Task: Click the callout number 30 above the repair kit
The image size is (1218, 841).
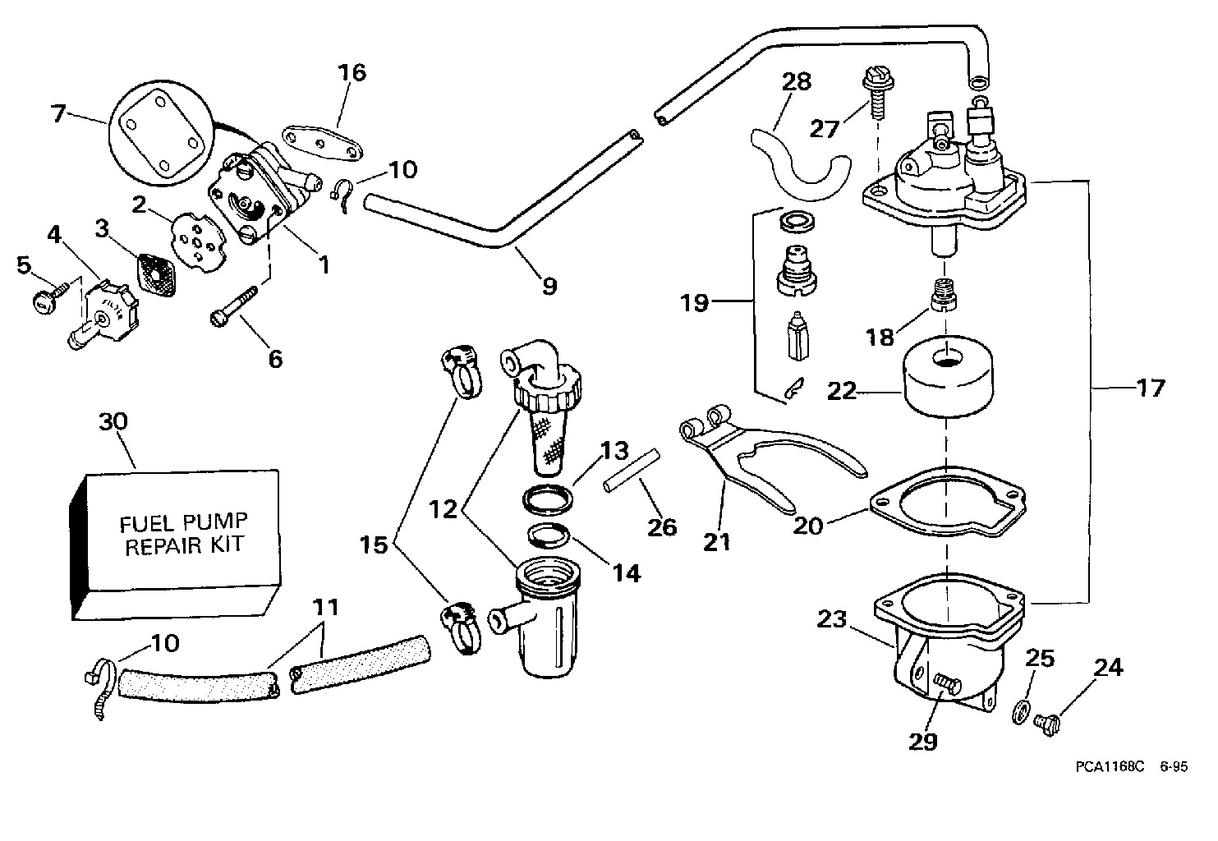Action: click(x=113, y=422)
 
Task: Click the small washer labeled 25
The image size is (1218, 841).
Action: click(x=1018, y=709)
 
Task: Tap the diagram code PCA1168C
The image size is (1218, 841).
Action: click(x=1109, y=766)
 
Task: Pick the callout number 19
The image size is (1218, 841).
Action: click(x=695, y=303)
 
